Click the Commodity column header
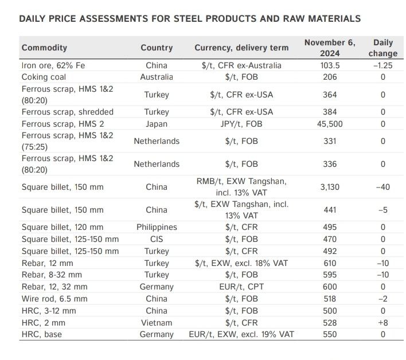pos(44,48)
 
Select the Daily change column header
pos(383,48)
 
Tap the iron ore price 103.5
pos(330,65)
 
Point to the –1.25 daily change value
pos(383,65)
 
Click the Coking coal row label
pos(44,77)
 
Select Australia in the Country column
pos(157,77)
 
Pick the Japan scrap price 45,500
pos(330,124)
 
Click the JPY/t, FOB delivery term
pos(241,124)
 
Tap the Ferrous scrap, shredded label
pos(68,112)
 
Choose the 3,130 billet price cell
pos(330,187)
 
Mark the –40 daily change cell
pos(383,187)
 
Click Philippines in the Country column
pos(157,227)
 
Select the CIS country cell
pos(157,239)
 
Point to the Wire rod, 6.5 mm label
pos(54,299)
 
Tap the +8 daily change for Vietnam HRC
pos(383,323)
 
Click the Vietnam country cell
pos(157,323)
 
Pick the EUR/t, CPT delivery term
pos(241,287)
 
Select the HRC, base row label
pos(42,334)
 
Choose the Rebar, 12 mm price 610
pos(330,263)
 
